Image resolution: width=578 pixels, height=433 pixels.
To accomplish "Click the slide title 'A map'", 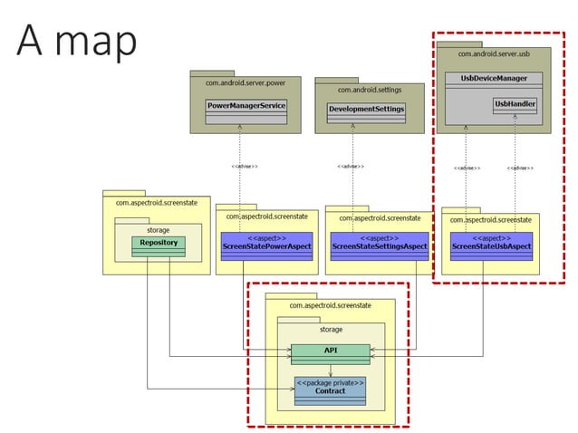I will point(77,40).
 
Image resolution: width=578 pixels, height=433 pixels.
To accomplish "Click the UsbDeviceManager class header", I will point(494,79).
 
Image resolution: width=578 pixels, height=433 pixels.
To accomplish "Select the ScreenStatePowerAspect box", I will point(261,245).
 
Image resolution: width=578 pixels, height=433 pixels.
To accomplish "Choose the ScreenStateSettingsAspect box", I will point(379,245).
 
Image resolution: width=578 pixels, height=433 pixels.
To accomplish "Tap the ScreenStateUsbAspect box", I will point(491,245).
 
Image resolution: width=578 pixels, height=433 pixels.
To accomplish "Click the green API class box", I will point(330,351).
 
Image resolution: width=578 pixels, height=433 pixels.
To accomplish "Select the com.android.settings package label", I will point(370,90).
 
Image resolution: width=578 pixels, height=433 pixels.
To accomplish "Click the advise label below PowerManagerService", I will point(245,167).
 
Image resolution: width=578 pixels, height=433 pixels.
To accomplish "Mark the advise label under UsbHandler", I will point(520,168).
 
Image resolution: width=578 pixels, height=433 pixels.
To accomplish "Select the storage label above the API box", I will point(331,330).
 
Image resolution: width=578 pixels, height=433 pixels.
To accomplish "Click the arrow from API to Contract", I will point(330,369).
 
